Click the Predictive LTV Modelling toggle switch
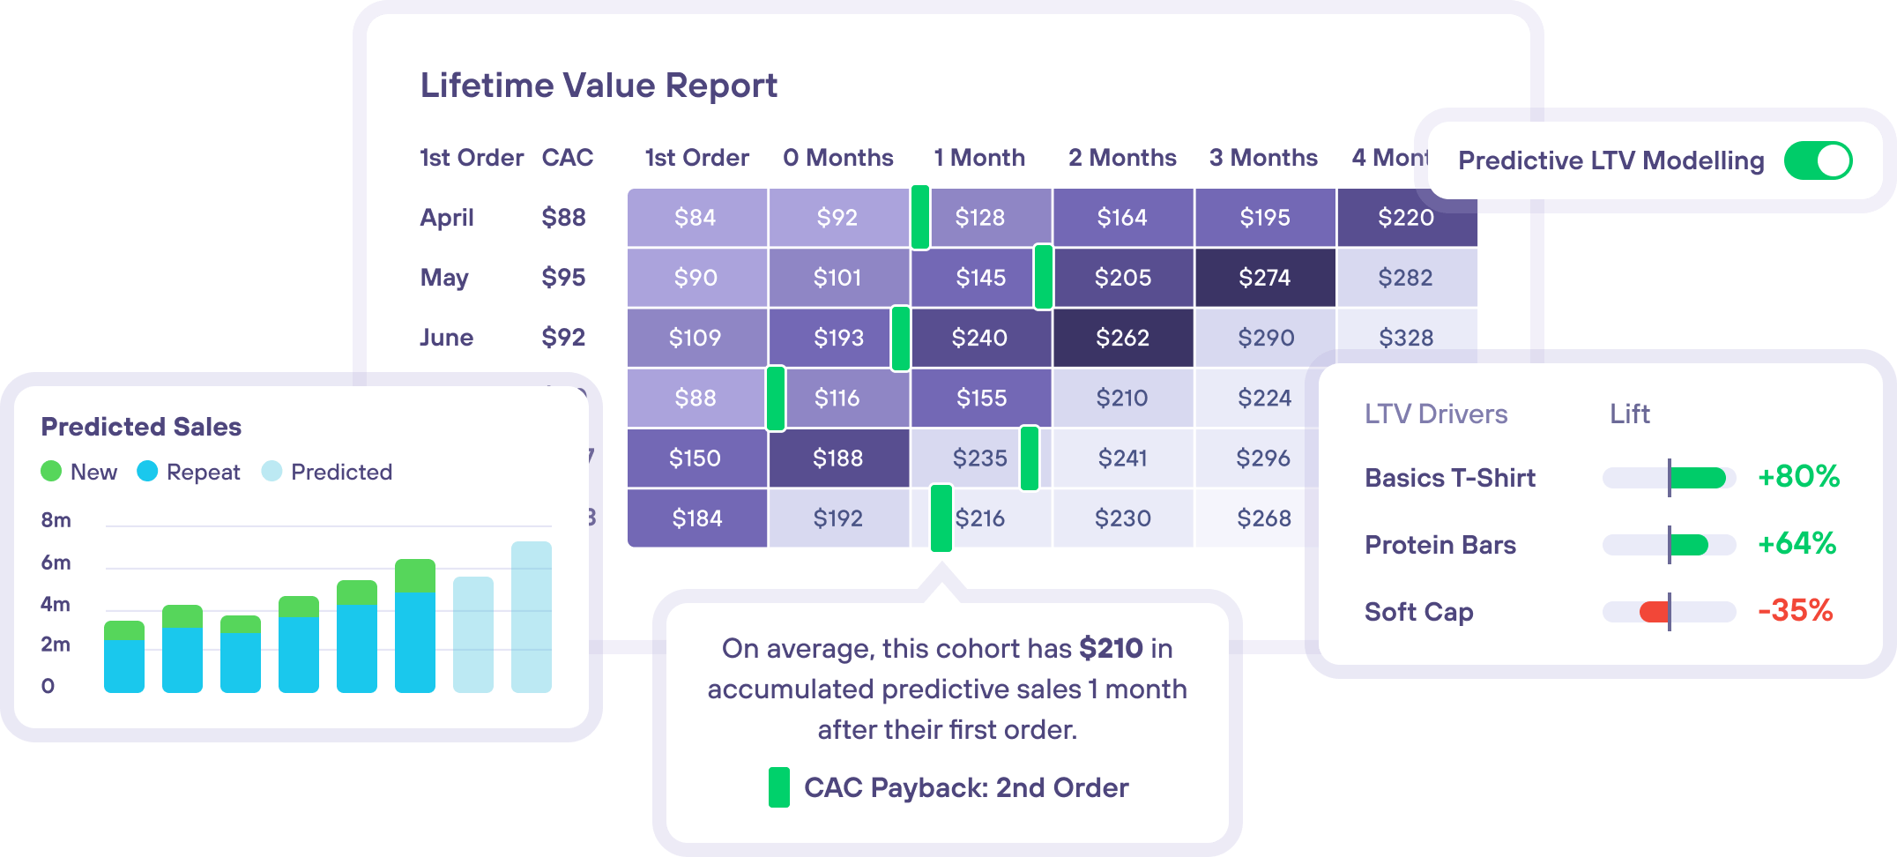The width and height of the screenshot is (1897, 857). [x=1818, y=160]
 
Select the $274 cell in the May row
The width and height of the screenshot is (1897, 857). [x=1264, y=278]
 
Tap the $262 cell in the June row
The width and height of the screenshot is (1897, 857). [x=1122, y=338]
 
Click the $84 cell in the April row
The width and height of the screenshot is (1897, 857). [x=696, y=218]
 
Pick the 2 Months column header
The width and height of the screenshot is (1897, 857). [x=1122, y=158]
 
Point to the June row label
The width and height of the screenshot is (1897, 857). [x=447, y=338]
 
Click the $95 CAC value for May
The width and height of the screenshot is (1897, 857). [x=563, y=278]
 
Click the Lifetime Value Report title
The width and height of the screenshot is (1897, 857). [x=599, y=86]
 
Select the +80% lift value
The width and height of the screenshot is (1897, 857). [x=1798, y=477]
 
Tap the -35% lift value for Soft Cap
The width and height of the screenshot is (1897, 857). [x=1795, y=610]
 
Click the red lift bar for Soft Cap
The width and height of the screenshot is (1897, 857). [x=1655, y=611]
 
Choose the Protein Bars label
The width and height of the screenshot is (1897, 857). [x=1439, y=545]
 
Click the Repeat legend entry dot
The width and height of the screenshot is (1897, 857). [x=147, y=472]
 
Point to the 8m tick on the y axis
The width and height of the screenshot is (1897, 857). [x=56, y=520]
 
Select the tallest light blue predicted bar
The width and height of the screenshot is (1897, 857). [x=532, y=617]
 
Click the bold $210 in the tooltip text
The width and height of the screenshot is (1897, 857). [x=1111, y=649]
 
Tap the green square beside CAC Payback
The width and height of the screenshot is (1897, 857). [x=778, y=787]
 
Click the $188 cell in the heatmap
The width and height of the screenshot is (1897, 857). [x=837, y=458]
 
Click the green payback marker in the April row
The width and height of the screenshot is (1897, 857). [x=919, y=217]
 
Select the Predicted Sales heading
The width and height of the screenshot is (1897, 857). [x=141, y=427]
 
